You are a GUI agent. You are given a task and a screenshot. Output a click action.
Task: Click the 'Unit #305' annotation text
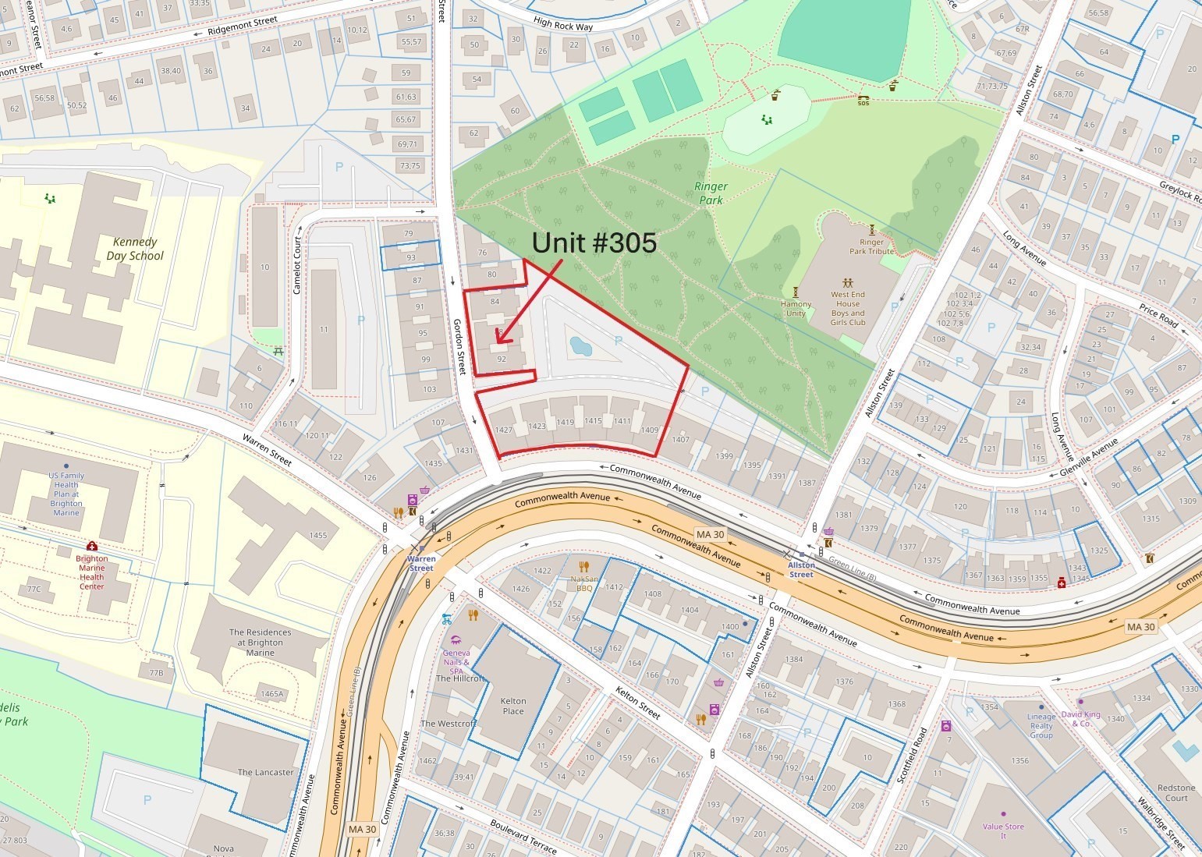pyautogui.click(x=594, y=243)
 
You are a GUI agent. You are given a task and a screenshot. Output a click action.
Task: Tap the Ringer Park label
pyautogui.click(x=711, y=193)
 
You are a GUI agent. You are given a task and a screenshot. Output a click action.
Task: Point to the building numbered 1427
pyautogui.click(x=503, y=430)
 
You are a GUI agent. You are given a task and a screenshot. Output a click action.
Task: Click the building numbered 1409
pyautogui.click(x=649, y=430)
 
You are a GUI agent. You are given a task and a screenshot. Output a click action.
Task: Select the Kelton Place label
pyautogui.click(x=513, y=706)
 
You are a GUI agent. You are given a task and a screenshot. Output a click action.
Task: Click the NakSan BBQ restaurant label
pyautogui.click(x=583, y=583)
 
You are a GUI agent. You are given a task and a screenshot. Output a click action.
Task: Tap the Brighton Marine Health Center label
pyautogui.click(x=91, y=572)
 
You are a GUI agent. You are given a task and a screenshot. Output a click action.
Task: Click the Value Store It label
pyautogui.click(x=1003, y=830)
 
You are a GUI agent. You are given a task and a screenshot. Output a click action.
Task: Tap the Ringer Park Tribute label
pyautogui.click(x=871, y=246)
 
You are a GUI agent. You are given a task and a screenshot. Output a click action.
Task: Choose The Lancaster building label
pyautogui.click(x=265, y=772)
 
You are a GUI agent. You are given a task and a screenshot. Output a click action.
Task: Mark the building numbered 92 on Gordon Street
pyautogui.click(x=502, y=359)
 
